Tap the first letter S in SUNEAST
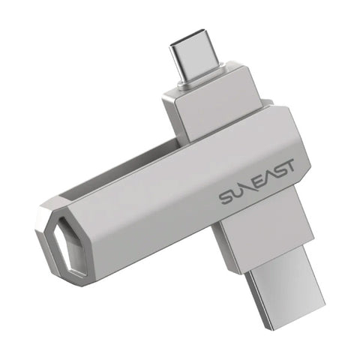[226, 197]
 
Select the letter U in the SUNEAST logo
[238, 191]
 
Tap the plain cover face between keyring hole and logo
[150, 225]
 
